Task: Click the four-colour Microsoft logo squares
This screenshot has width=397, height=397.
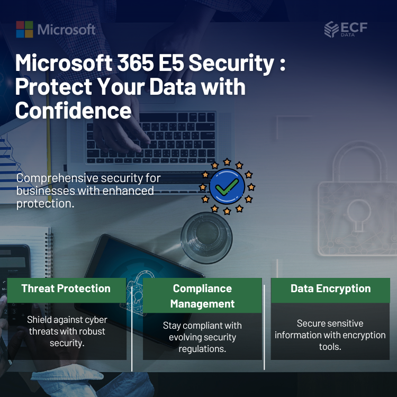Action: point(24,29)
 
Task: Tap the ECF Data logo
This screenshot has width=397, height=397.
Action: point(346,29)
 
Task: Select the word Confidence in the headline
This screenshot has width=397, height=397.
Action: point(74,110)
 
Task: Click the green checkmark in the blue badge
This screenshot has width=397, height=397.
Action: point(227,187)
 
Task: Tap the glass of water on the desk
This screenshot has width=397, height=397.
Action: point(206,238)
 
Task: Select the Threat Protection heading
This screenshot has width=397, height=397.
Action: point(66,288)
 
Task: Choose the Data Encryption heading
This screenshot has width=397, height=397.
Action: point(330,288)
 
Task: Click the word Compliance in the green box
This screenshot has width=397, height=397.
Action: point(202,288)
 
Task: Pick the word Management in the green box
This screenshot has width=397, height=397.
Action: point(202,304)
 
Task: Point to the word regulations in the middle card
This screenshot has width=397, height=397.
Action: point(202,349)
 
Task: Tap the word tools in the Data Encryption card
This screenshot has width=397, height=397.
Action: point(330,347)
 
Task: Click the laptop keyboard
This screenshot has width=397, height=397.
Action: point(151,138)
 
